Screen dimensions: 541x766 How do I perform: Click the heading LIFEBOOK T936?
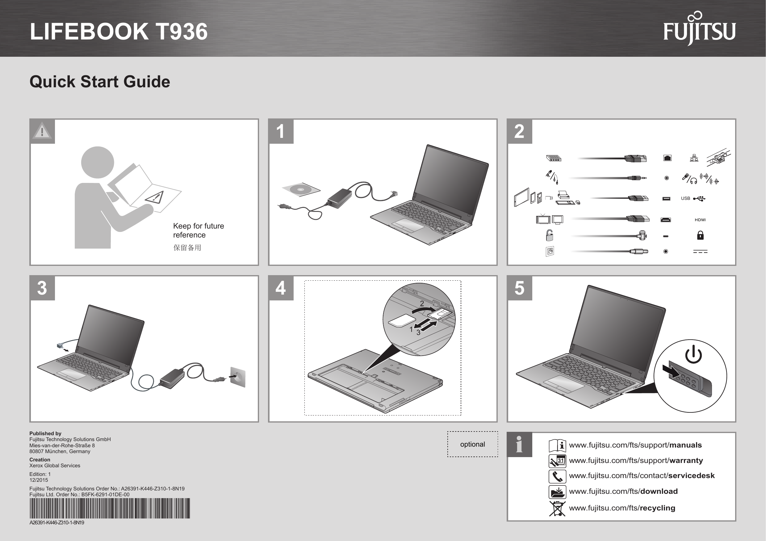tap(119, 32)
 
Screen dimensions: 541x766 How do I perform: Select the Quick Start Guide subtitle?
tap(100, 82)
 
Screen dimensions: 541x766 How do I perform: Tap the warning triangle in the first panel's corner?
tap(42, 131)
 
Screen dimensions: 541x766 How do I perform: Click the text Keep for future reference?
tap(198, 230)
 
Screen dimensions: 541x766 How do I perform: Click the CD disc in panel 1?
tap(301, 190)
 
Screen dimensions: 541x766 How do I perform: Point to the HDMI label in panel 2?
tap(700, 220)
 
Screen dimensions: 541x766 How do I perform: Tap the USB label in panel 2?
tap(685, 198)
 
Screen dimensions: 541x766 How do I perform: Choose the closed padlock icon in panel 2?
tap(700, 235)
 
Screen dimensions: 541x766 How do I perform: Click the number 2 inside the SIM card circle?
tap(422, 303)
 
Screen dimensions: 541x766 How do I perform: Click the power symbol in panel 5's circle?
tap(693, 355)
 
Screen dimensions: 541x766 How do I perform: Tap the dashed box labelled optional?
tap(472, 444)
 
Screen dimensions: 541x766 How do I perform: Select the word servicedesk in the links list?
tap(691, 476)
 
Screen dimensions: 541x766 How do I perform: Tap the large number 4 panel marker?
tap(281, 288)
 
